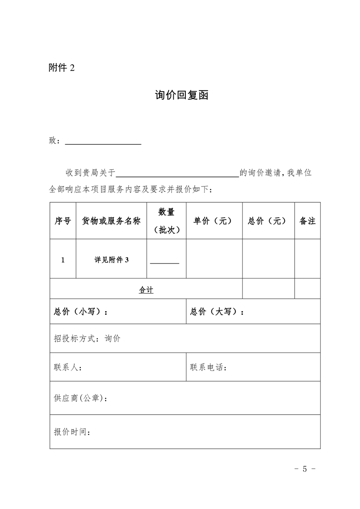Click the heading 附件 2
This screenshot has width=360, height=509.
pos(61,68)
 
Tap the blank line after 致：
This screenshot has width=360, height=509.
pos(103,143)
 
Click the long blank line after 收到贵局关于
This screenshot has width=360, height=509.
pos(178,175)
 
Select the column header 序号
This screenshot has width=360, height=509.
pos(63,221)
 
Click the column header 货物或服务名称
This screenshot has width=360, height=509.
pos(111,221)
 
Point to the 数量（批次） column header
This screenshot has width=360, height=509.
pos(166,221)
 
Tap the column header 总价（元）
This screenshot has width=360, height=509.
pos(268,221)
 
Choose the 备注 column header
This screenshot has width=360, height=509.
pos(307,221)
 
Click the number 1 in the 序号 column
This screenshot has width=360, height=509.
pos(63,260)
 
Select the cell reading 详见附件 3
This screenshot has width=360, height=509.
pos(112,260)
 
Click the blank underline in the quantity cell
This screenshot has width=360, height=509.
pos(165,263)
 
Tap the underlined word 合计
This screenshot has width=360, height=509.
pos(146,290)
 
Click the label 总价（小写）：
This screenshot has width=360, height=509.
pos(81,312)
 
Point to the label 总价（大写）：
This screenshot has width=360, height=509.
pos(217,312)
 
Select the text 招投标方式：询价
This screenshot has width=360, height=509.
pos(87,338)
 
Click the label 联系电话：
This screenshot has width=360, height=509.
pos(209,367)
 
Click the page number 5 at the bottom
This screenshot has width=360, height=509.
pos(305,469)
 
